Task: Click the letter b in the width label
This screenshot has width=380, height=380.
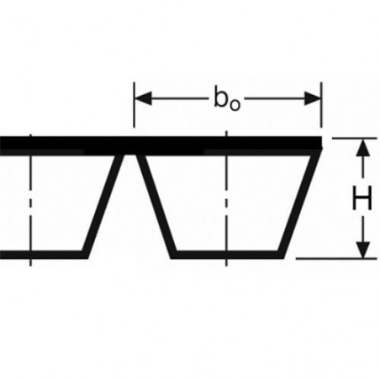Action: tap(220, 98)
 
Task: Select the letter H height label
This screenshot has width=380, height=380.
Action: tap(362, 198)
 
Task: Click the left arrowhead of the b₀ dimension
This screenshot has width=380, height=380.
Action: tap(143, 98)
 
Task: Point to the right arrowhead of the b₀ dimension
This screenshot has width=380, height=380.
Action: tap(313, 98)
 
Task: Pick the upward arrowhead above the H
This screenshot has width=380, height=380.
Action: tap(363, 148)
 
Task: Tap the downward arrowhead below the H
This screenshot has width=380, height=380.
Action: tap(363, 249)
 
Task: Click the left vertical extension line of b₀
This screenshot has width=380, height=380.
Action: tap(135, 104)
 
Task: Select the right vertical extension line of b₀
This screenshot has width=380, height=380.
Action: tap(322, 104)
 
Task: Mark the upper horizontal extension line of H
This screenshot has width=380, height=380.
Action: tap(354, 138)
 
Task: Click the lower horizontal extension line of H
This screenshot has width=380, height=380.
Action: tap(336, 259)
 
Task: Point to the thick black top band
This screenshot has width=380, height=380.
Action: tap(161, 145)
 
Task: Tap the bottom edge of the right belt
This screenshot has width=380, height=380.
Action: tap(227, 255)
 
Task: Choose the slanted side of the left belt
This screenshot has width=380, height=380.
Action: tap(103, 206)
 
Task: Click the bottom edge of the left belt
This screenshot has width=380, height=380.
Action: tap(44, 255)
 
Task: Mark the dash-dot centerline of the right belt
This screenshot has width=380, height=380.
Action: tap(226, 198)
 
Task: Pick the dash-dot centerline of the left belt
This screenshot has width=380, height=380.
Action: tap(30, 200)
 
